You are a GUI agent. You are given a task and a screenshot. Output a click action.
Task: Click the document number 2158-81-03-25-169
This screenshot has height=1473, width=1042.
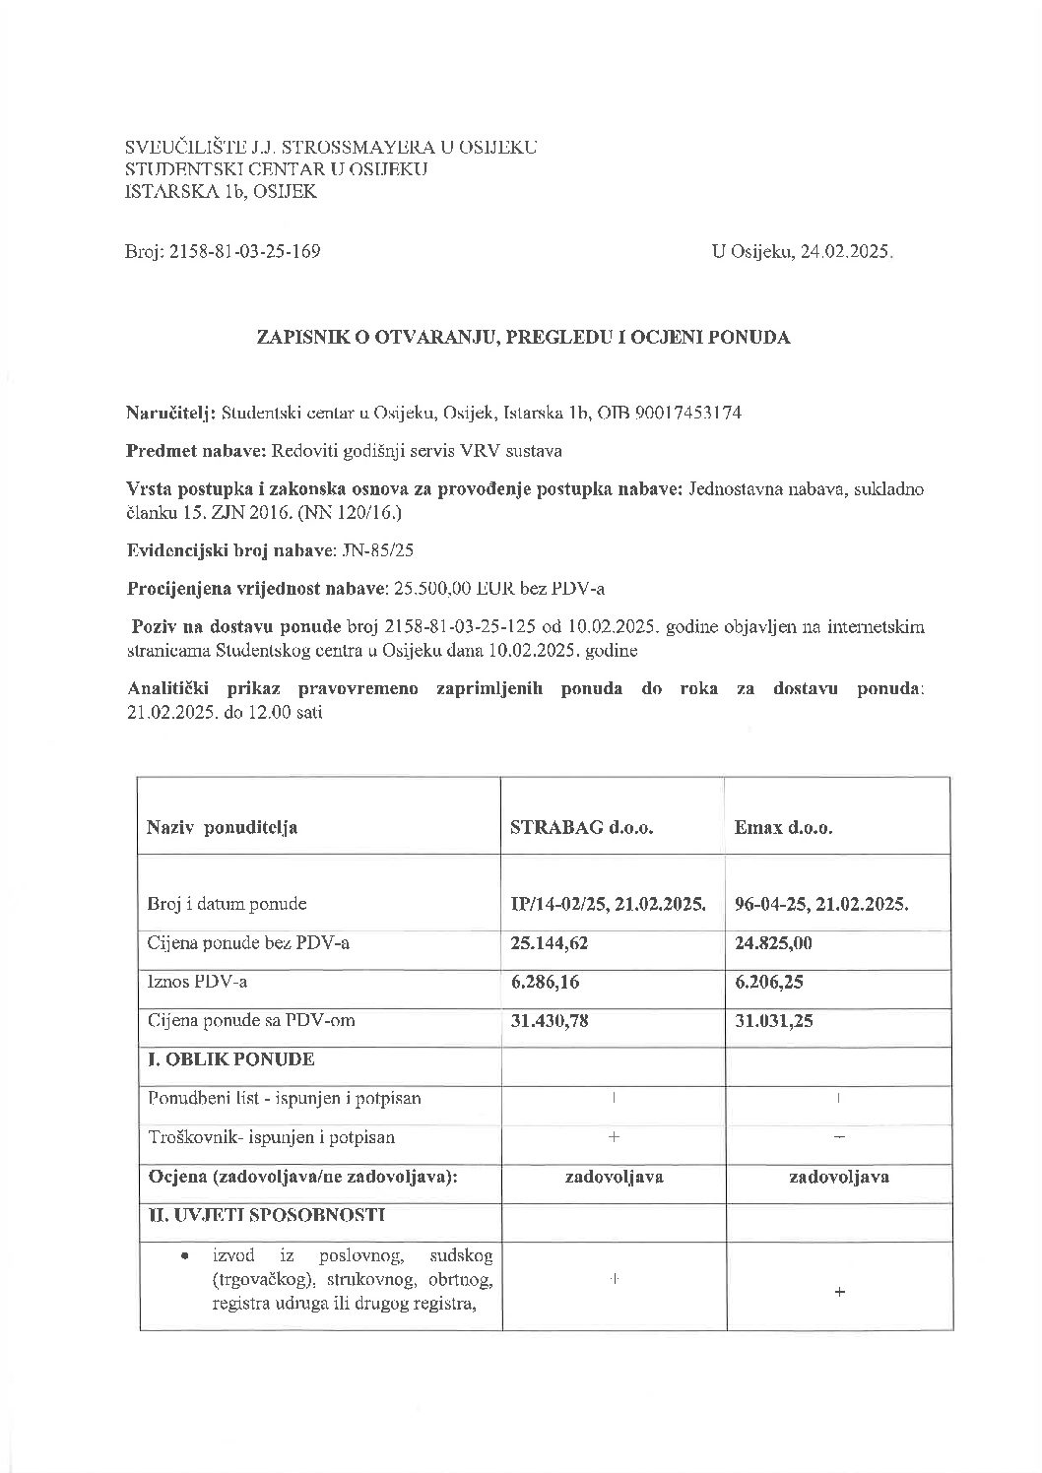coord(245,252)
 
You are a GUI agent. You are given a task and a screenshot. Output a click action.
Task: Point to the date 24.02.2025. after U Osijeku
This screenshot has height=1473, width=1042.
coord(847,252)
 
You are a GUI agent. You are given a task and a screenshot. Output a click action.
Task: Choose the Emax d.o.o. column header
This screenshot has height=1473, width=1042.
coord(784,828)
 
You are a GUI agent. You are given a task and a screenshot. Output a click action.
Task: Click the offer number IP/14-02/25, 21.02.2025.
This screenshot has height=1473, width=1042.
coord(608,904)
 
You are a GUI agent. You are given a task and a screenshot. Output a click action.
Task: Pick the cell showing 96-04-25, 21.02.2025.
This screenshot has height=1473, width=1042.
coord(821,904)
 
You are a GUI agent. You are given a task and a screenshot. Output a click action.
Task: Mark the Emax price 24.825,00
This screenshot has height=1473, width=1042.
coord(774,943)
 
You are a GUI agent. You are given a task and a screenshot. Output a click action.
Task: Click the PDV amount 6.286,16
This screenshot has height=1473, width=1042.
coord(545,982)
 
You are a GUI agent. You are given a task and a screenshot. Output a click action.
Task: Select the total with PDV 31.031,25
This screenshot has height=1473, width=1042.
coord(774,1021)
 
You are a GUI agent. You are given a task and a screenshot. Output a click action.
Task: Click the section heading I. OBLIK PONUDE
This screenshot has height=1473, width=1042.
coord(230,1059)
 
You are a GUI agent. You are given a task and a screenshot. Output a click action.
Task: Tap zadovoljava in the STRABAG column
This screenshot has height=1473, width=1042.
coord(613,1177)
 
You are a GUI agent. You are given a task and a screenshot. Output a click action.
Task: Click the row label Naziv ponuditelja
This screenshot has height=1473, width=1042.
coord(223,828)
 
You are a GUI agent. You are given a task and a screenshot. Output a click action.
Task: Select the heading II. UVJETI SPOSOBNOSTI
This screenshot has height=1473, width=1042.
coord(266,1215)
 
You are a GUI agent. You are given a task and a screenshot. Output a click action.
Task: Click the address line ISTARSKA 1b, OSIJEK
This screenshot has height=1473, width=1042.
coord(222,192)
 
